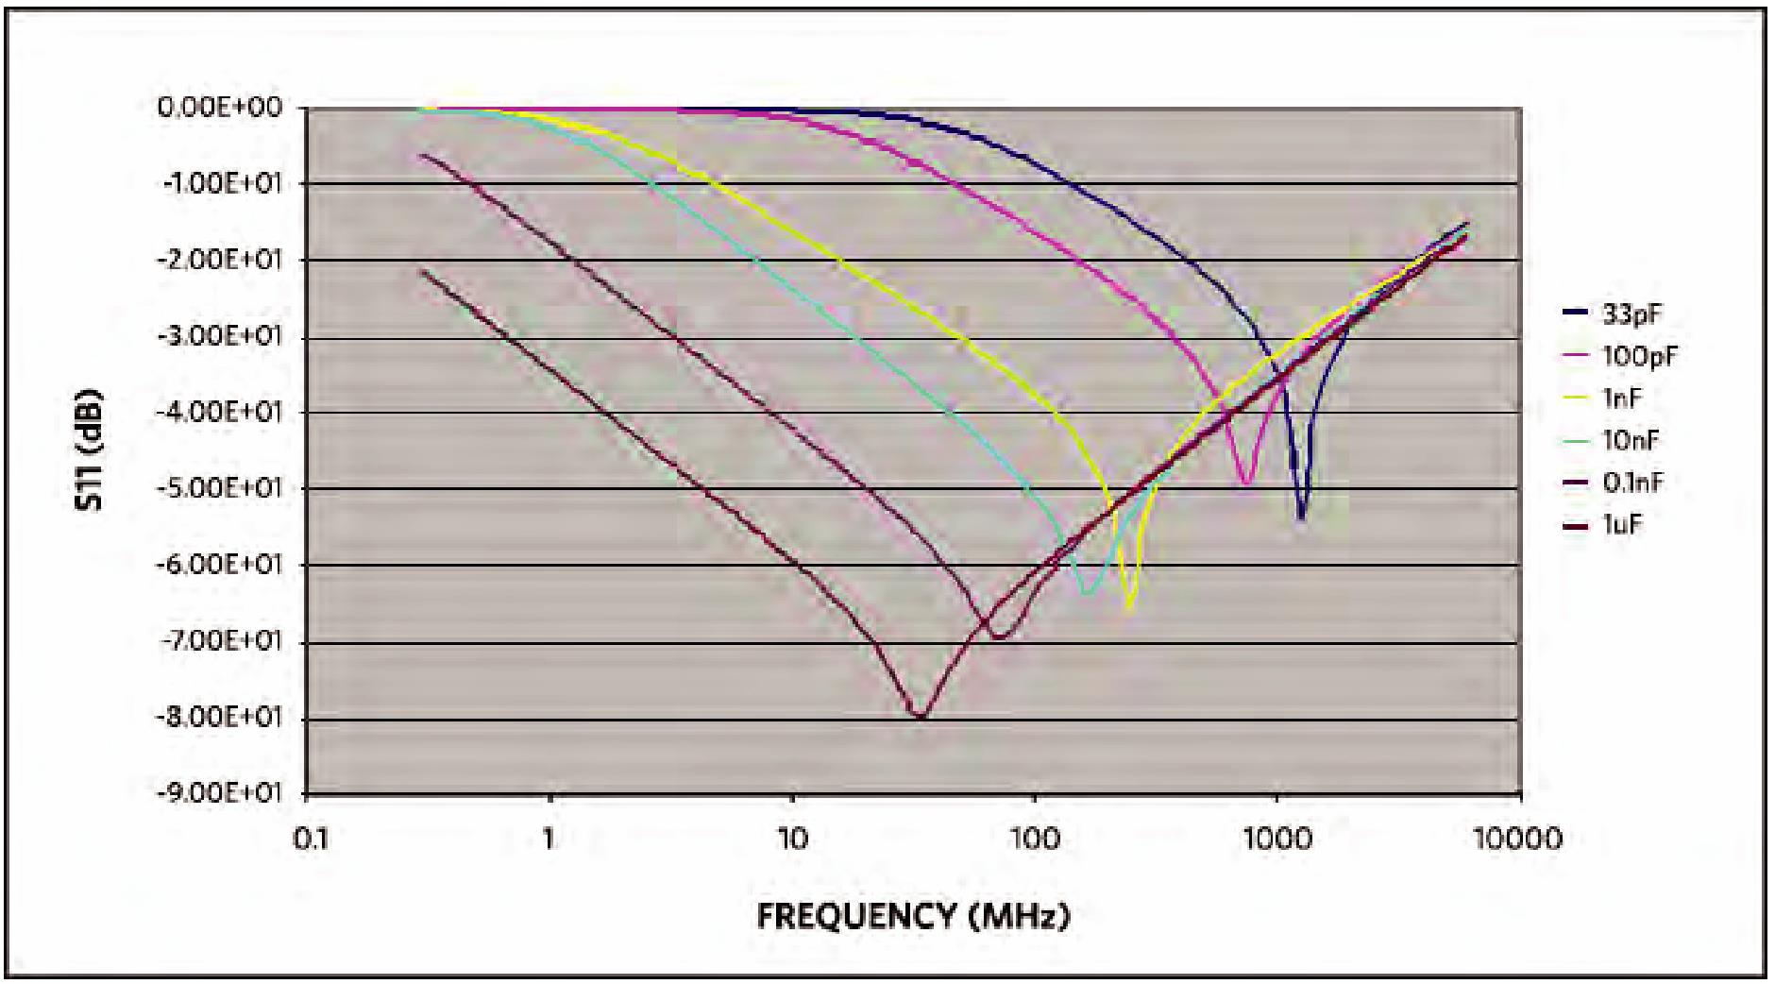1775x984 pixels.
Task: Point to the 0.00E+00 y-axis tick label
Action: point(220,108)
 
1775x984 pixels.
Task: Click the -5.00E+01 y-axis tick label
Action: point(220,488)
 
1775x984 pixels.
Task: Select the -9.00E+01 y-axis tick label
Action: point(220,792)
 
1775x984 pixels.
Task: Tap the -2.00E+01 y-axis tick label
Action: point(220,260)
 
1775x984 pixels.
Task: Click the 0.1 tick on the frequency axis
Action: point(308,839)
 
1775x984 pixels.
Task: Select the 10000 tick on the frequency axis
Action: point(1518,839)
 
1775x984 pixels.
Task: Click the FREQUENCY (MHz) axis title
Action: point(913,916)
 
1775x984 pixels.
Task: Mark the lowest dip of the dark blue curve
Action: point(1301,518)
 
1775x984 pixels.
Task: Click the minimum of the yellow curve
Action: point(1129,612)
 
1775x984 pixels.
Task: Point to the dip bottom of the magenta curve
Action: point(1246,484)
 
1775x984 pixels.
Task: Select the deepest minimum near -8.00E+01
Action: point(920,717)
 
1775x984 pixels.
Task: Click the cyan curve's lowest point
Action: point(1088,593)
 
